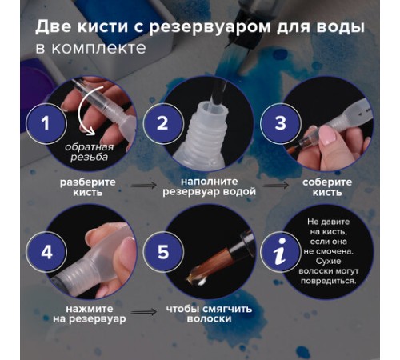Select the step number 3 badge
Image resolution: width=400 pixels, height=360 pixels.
(281, 125)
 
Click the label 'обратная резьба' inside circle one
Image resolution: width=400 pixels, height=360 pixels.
(88, 153)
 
